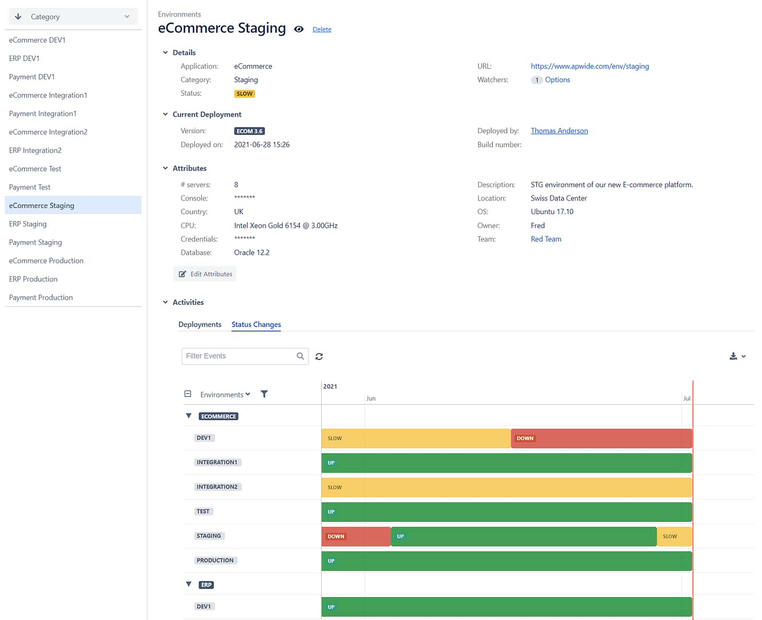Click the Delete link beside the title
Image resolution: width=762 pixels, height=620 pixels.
[x=322, y=29]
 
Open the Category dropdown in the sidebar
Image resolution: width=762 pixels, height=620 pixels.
[x=73, y=17]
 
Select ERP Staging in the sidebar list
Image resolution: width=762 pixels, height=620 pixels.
[x=28, y=224]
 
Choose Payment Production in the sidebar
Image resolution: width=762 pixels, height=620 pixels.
[x=41, y=297]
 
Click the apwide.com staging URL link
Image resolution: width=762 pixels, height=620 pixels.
[x=589, y=66]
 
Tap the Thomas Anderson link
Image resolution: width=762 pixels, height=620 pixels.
[x=559, y=131]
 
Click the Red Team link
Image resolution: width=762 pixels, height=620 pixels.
[x=546, y=239]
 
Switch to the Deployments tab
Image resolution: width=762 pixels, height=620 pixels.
[x=200, y=324]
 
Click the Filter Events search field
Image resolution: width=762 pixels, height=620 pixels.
[x=239, y=356]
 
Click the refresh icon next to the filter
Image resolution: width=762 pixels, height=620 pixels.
[x=319, y=356]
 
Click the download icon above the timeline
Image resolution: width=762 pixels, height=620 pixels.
[x=733, y=356]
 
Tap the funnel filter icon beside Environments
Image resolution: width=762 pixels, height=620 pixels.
[x=264, y=394]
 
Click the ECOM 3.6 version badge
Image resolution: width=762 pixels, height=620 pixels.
[x=249, y=131]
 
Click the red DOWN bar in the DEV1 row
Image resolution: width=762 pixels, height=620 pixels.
[x=601, y=439]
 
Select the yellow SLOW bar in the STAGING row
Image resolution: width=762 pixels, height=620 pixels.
[x=674, y=537]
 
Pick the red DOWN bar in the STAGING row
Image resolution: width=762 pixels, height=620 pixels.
[x=355, y=537]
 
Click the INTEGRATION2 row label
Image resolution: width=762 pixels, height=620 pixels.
[x=217, y=487]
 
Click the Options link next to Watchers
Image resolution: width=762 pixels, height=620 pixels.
[x=557, y=80]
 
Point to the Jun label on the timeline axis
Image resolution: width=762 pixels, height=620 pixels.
[x=371, y=398]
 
